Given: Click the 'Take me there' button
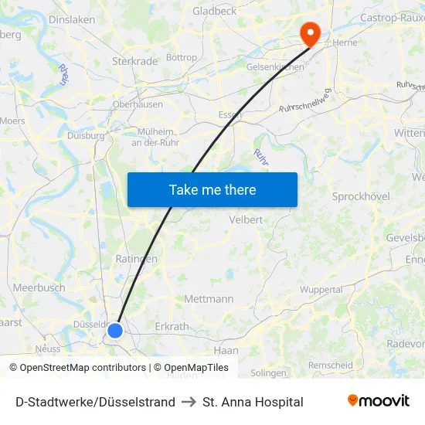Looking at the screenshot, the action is point(212,189).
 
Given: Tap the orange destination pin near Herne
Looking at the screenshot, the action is point(311,32).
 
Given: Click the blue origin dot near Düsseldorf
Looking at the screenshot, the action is point(115,331).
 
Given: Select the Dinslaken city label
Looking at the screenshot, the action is point(71,20).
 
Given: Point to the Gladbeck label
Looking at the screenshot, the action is point(215,11).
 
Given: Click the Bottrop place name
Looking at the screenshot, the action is point(182,57).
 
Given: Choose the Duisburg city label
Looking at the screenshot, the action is point(86,135).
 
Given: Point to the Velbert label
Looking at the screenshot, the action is point(246,219).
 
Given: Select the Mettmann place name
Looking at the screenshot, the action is point(209,298).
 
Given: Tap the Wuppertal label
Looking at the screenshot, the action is point(321,290).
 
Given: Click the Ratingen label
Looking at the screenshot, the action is point(136,259).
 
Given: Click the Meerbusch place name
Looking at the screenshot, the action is point(39,287).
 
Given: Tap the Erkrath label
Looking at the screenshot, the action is point(172,326).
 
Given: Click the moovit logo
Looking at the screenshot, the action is point(378,401).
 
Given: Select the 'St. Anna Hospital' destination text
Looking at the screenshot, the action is point(253,402).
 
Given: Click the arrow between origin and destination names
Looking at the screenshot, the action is point(189,402).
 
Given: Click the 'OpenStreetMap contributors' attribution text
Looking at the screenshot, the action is point(83,368).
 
